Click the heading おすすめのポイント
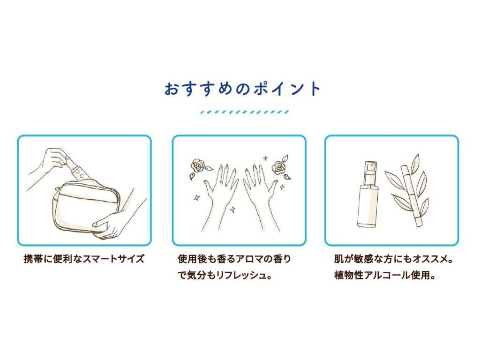pos(243,89)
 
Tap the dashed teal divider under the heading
pos(244,112)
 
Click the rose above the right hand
pos(280,168)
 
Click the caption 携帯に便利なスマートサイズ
pos(84,259)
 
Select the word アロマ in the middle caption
pos(242,259)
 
